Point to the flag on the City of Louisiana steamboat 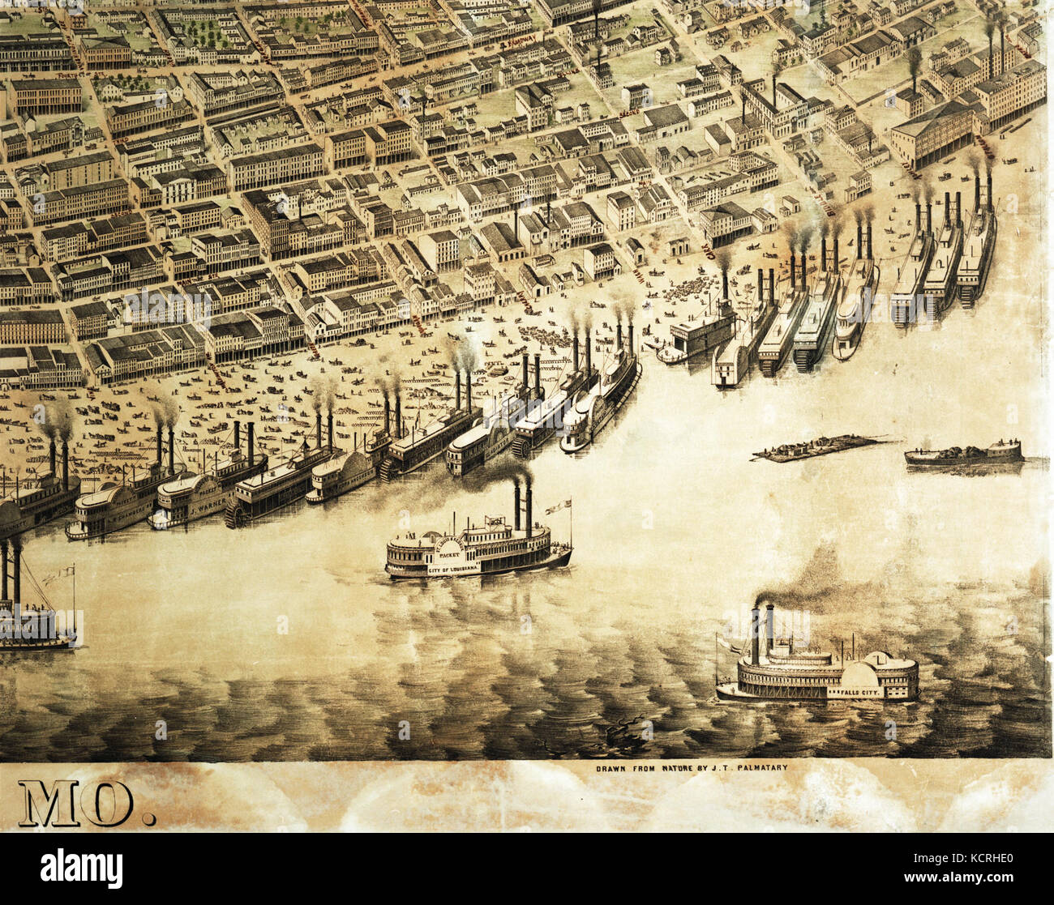[x=556, y=507]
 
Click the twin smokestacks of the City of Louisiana [x=522, y=502]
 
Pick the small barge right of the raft [x=963, y=453]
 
